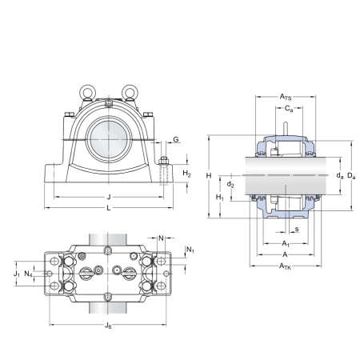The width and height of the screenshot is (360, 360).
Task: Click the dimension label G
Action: click(176, 139)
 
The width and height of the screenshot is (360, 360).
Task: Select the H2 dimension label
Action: click(187, 174)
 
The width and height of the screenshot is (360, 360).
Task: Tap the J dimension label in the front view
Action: click(109, 197)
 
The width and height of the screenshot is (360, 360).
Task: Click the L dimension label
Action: click(109, 208)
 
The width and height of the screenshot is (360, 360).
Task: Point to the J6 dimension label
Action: click(108, 326)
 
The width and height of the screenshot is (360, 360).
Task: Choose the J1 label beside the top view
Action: click(17, 274)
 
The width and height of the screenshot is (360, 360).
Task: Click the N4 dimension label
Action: click(28, 274)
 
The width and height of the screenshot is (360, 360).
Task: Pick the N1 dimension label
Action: click(190, 250)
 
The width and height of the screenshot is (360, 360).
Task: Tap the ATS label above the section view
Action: click(286, 97)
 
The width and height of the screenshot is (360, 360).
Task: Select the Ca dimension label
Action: click(289, 109)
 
